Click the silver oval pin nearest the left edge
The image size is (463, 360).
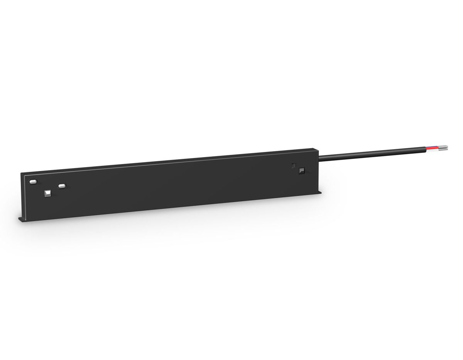point(33,181)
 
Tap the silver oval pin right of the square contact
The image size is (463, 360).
point(62,186)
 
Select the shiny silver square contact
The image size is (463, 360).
point(48,193)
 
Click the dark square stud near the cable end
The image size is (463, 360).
point(301,170)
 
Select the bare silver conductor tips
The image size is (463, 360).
point(444,147)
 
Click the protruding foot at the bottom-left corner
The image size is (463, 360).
point(21,220)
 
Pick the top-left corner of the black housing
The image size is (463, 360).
point(21,173)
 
